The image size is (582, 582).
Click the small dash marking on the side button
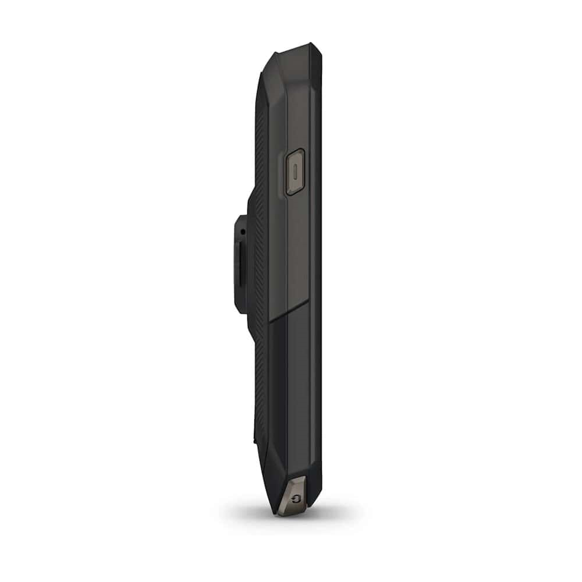[x=296, y=172]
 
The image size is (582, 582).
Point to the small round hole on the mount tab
[x=242, y=233]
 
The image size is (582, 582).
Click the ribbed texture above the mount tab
[x=260, y=151]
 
